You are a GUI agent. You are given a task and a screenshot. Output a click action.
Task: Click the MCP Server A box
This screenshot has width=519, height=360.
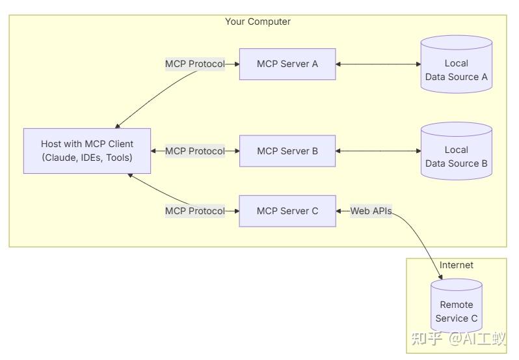(287, 64)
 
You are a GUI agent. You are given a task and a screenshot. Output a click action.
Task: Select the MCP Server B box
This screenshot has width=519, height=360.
(287, 151)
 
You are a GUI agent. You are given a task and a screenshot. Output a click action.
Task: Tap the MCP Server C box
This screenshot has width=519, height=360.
(287, 211)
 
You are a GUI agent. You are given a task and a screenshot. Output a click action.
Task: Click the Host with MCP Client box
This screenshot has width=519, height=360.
(87, 151)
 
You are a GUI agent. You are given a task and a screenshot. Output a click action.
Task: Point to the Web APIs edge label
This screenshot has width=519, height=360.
(371, 211)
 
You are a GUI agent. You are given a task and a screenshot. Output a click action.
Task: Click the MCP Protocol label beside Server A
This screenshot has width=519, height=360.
(194, 64)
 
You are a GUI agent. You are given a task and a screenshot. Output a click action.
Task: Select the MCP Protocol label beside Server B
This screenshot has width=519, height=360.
(194, 151)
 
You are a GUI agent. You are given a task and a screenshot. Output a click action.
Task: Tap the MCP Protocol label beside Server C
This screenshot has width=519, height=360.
(194, 211)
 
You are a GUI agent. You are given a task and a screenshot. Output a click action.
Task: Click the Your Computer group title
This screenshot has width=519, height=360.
(258, 21)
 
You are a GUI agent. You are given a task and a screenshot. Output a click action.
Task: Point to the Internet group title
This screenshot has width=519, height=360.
(456, 265)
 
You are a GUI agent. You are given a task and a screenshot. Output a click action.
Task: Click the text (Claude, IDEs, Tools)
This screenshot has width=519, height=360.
(87, 158)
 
